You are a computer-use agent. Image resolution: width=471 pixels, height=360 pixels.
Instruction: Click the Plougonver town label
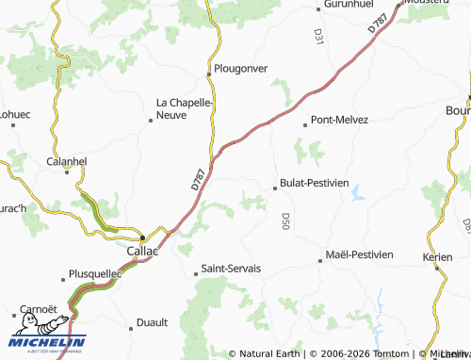[x=241, y=69]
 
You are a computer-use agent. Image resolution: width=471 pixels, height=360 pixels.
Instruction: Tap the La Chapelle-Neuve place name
[x=185, y=107]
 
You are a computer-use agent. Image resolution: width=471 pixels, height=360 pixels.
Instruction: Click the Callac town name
[x=142, y=252]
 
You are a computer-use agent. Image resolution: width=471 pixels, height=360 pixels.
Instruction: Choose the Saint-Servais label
[x=231, y=269]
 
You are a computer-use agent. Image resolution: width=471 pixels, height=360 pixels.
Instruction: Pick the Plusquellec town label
[x=96, y=275]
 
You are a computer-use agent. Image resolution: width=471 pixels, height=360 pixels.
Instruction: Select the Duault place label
[x=152, y=322]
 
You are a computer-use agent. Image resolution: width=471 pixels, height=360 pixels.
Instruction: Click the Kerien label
[x=437, y=256]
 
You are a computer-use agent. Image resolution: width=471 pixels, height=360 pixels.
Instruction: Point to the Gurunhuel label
[x=349, y=5]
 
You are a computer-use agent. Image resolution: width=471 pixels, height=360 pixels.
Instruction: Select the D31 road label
[x=318, y=37]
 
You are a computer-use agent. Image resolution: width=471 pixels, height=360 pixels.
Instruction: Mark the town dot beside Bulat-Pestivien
[x=275, y=188]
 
